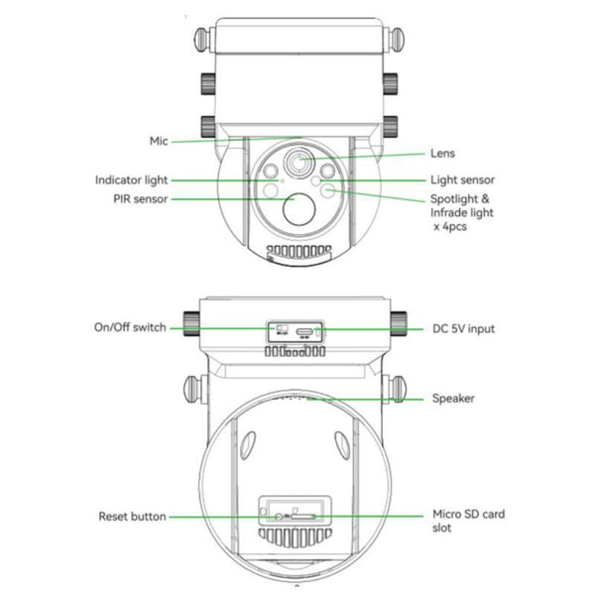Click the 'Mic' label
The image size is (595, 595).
[160, 141]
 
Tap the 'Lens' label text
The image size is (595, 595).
[443, 154]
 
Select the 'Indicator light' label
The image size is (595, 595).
[132, 180]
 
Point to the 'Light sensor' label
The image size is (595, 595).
[462, 180]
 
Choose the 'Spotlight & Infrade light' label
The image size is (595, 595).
[461, 206]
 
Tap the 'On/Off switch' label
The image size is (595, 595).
[130, 327]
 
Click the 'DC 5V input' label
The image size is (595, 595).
[464, 328]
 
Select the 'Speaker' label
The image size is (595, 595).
[452, 399]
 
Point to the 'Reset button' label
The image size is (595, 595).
[132, 517]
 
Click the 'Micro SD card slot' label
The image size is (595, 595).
[469, 522]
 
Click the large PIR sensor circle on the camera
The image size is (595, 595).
[297, 205]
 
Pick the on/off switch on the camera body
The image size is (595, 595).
[280, 327]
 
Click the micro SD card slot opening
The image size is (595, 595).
[303, 517]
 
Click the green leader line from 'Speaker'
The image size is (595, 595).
[367, 399]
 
